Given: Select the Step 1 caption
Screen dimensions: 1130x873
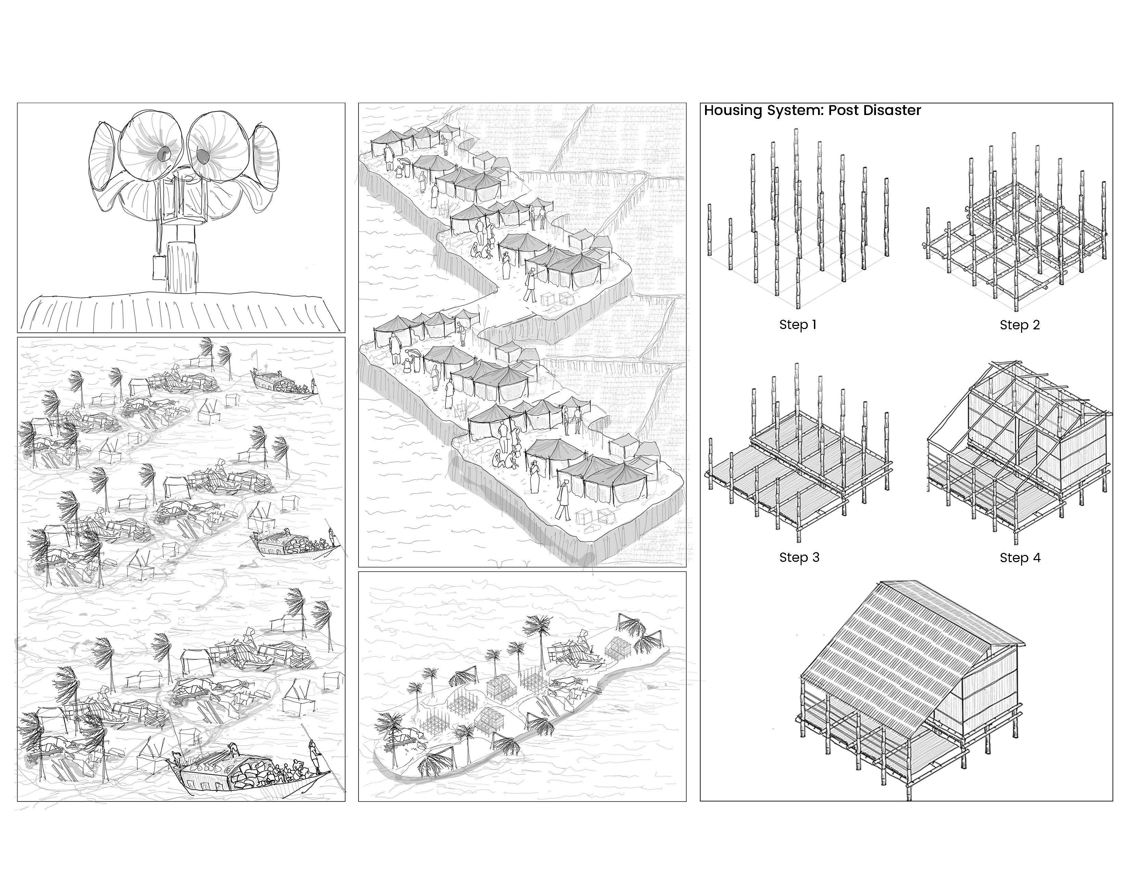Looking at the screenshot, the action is tap(797, 325).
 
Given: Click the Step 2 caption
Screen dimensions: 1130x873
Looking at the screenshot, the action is tap(1019, 325).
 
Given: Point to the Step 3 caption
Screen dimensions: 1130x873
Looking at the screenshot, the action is tap(799, 557).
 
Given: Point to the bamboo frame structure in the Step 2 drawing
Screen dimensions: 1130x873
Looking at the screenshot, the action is tap(1014, 233).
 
